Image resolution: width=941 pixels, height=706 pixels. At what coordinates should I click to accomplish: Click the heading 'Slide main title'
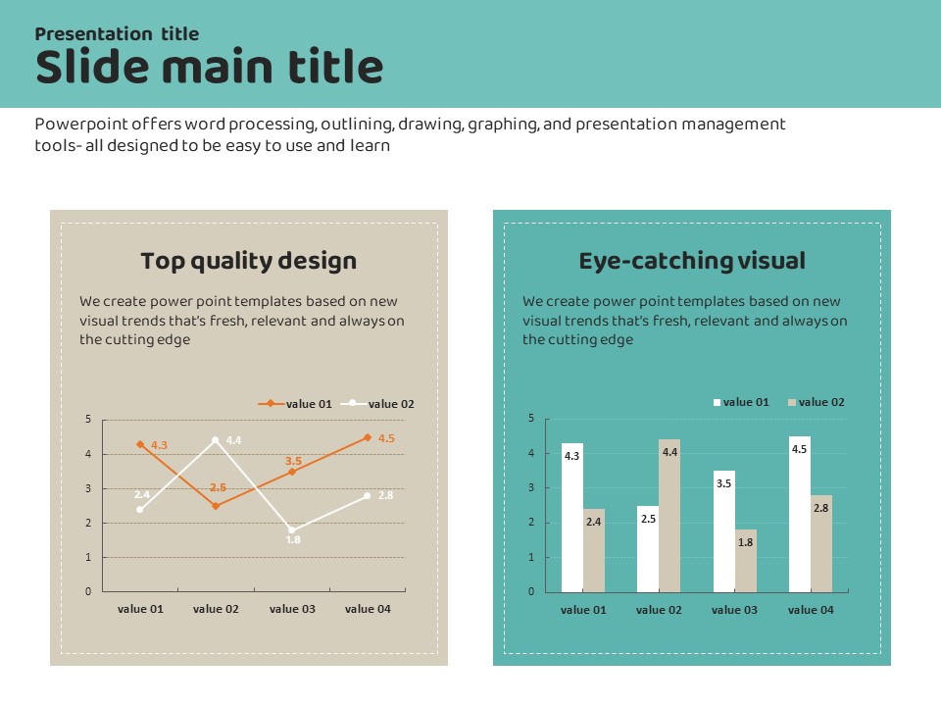tap(209, 68)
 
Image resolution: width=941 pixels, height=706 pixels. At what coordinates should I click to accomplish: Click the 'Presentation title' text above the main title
tap(117, 34)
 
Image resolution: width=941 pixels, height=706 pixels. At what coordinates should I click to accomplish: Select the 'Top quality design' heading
tap(248, 261)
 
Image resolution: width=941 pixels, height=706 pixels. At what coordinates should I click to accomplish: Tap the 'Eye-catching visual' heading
tap(692, 261)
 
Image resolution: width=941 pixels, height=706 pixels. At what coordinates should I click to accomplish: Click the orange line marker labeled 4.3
tap(140, 444)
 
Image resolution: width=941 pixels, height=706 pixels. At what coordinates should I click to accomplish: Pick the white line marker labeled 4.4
tap(216, 440)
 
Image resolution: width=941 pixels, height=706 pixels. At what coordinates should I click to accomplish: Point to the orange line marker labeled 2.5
tap(216, 506)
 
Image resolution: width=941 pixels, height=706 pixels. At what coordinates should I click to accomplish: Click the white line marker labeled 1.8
tap(291, 529)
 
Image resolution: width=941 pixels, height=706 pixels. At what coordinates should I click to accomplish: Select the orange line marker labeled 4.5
tap(368, 437)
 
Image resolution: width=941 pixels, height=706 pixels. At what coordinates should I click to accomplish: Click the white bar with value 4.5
tap(800, 514)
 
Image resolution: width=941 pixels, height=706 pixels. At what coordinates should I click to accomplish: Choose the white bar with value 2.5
tap(648, 548)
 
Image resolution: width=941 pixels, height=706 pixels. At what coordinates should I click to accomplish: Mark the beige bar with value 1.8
tap(746, 560)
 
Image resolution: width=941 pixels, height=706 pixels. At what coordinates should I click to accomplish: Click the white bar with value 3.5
tap(724, 531)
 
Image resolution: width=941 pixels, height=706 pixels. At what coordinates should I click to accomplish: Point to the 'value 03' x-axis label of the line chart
tap(292, 609)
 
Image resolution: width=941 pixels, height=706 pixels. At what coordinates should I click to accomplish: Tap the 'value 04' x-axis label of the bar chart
tap(811, 610)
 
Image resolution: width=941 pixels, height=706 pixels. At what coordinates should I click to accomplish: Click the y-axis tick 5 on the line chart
tap(88, 420)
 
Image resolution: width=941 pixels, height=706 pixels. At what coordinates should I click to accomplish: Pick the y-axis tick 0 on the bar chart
tap(531, 591)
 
